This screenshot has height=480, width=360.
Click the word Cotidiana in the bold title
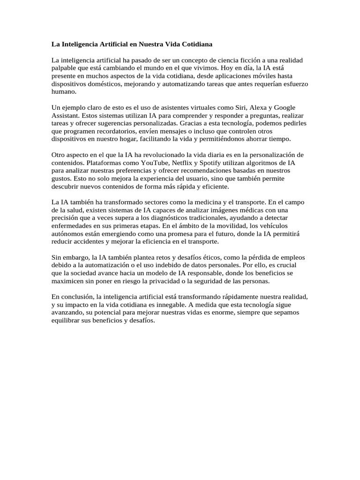tap(197, 45)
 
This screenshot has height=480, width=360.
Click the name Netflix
tap(173, 163)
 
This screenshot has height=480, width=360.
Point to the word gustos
tap(60, 179)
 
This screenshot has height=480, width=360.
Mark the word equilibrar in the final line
tap(67, 321)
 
